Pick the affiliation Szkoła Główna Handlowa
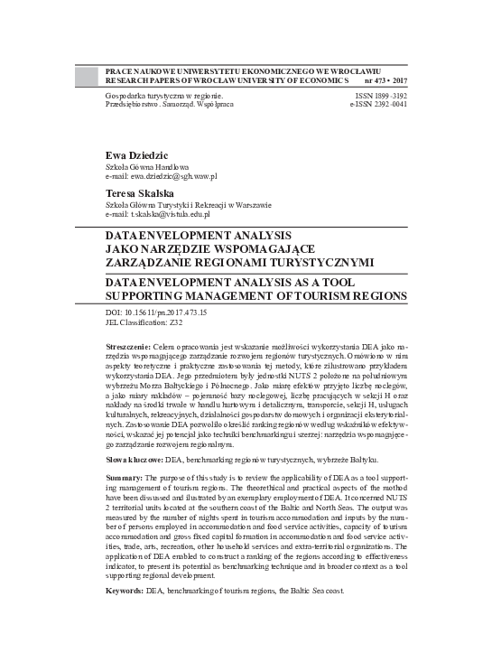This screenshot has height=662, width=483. pos(147,166)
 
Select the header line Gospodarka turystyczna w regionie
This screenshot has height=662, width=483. pos(163,94)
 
